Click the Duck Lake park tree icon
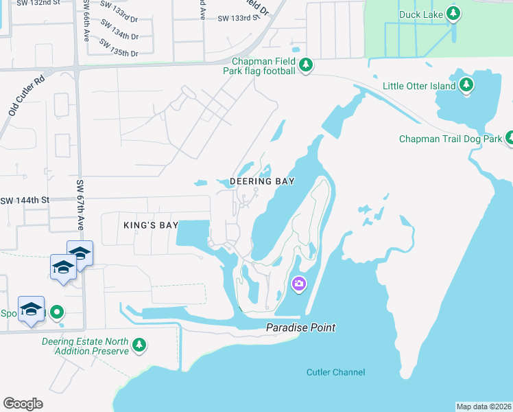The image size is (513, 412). coord(453,13)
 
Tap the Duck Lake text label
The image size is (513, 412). coord(420,14)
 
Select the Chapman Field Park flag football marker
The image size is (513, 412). coord(306,66)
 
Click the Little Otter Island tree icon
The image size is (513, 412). coord(467,85)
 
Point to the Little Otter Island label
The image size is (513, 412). coord(419,86)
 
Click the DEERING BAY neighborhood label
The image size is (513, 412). coord(262,181)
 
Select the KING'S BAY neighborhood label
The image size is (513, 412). coord(151,225)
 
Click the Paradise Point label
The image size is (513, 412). coord(301,328)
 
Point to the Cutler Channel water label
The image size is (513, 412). coord(335,372)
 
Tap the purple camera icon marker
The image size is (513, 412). coord(298,283)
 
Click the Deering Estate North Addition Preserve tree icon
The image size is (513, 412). coord(139,345)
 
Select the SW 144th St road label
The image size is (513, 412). coord(25,201)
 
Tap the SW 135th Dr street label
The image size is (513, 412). coord(119,47)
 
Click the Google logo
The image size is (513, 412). coord(23,403)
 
